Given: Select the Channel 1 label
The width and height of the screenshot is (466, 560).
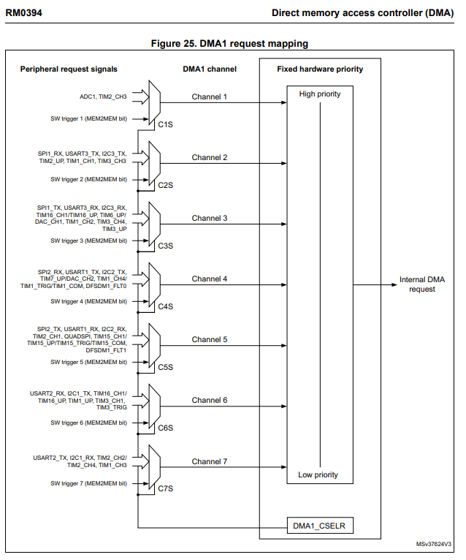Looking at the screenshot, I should (x=210, y=97).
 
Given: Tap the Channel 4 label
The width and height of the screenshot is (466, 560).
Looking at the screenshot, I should (x=210, y=279).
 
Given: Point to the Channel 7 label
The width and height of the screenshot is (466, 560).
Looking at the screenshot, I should (x=210, y=461).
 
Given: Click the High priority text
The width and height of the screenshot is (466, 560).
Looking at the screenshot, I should (x=319, y=94).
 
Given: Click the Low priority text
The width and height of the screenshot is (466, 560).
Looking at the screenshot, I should (x=318, y=475).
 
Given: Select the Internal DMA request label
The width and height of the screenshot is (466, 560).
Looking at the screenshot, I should (x=422, y=284).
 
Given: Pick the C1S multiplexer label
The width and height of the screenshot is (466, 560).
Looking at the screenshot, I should (x=166, y=124).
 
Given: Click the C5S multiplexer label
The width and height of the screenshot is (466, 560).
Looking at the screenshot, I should (x=166, y=367).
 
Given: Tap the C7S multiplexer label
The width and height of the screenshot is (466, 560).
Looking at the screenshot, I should (x=166, y=488).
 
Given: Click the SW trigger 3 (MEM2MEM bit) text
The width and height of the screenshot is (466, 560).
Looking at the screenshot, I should (x=88, y=240).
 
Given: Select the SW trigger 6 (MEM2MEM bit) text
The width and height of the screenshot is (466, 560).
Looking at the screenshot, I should (x=88, y=423).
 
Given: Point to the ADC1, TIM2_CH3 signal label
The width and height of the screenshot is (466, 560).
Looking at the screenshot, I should (x=103, y=96).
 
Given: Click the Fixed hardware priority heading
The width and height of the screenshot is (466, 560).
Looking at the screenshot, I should (x=320, y=69).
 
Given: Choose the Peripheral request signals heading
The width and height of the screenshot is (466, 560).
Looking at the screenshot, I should (x=69, y=69).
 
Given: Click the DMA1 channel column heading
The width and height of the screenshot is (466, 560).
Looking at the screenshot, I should (x=210, y=69).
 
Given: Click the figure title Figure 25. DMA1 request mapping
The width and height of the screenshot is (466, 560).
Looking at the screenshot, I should (x=229, y=44).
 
